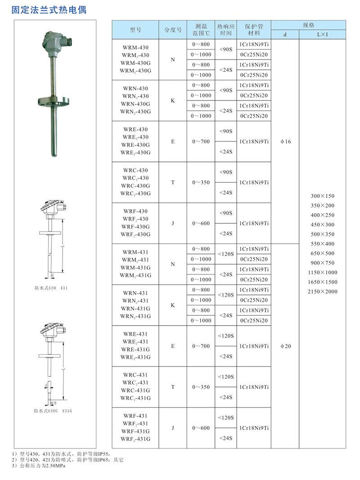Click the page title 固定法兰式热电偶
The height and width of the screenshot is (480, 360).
point(49,9)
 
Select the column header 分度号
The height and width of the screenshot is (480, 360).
point(172,30)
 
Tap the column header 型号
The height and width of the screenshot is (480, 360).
point(135,30)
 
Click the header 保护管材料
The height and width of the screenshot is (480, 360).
point(254,30)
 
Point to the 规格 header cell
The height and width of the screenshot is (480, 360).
point(308,25)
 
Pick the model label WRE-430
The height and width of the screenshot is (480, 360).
point(135,130)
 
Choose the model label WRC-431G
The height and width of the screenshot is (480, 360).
point(135,390)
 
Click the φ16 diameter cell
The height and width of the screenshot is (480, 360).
point(285,142)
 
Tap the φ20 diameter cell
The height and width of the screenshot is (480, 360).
point(285,346)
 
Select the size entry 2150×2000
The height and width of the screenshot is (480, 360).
point(323,292)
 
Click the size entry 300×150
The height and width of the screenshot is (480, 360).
point(323,196)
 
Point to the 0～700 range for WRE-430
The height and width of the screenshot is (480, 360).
point(201,142)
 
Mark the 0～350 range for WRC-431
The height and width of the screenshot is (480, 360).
point(201,387)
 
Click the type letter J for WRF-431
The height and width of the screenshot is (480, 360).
point(172,428)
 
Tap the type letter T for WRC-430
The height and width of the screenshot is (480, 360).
point(172,182)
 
